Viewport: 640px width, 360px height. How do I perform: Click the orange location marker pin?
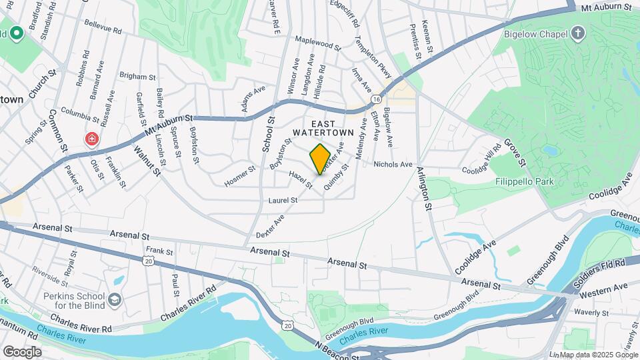coord(320,159)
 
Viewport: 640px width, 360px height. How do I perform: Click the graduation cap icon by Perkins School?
coord(115,300)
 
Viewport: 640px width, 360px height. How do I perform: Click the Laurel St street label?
coord(283,200)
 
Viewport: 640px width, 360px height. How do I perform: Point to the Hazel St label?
coord(301,178)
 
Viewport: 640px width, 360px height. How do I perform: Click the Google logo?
coord(21,351)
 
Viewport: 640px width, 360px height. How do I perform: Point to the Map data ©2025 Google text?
coord(598,355)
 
